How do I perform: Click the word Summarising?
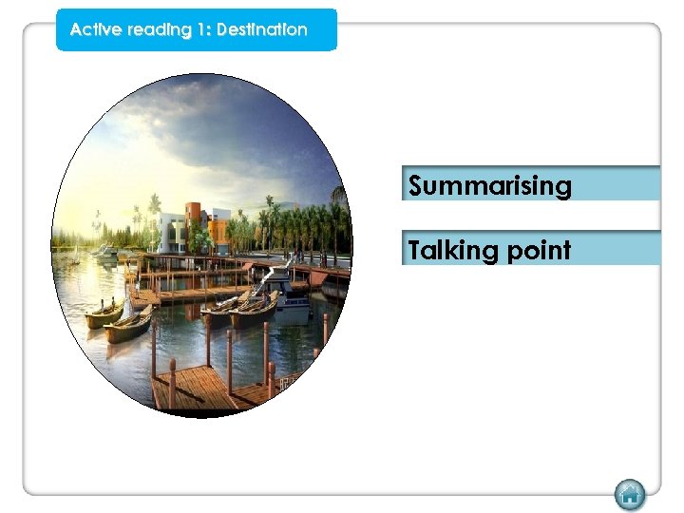pyautogui.click(x=490, y=185)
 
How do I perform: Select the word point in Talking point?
pyautogui.click(x=538, y=252)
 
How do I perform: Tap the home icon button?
pyautogui.click(x=629, y=494)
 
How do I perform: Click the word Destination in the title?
pyautogui.click(x=262, y=29)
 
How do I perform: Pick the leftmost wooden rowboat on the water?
pyautogui.click(x=104, y=314)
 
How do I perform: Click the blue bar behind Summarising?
pyautogui.click(x=617, y=183)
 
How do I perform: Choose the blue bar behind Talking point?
pyautogui.click(x=617, y=248)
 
